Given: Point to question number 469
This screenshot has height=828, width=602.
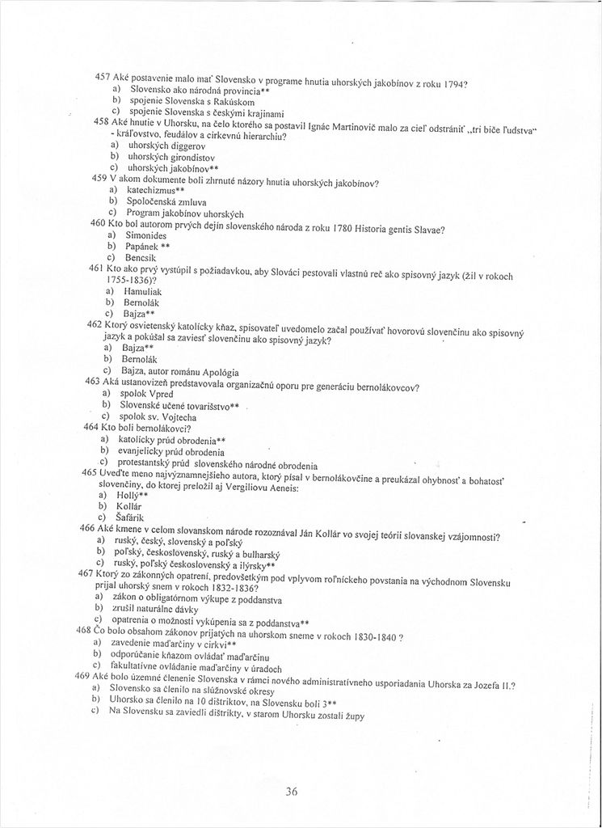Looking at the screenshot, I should tap(82, 675).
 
